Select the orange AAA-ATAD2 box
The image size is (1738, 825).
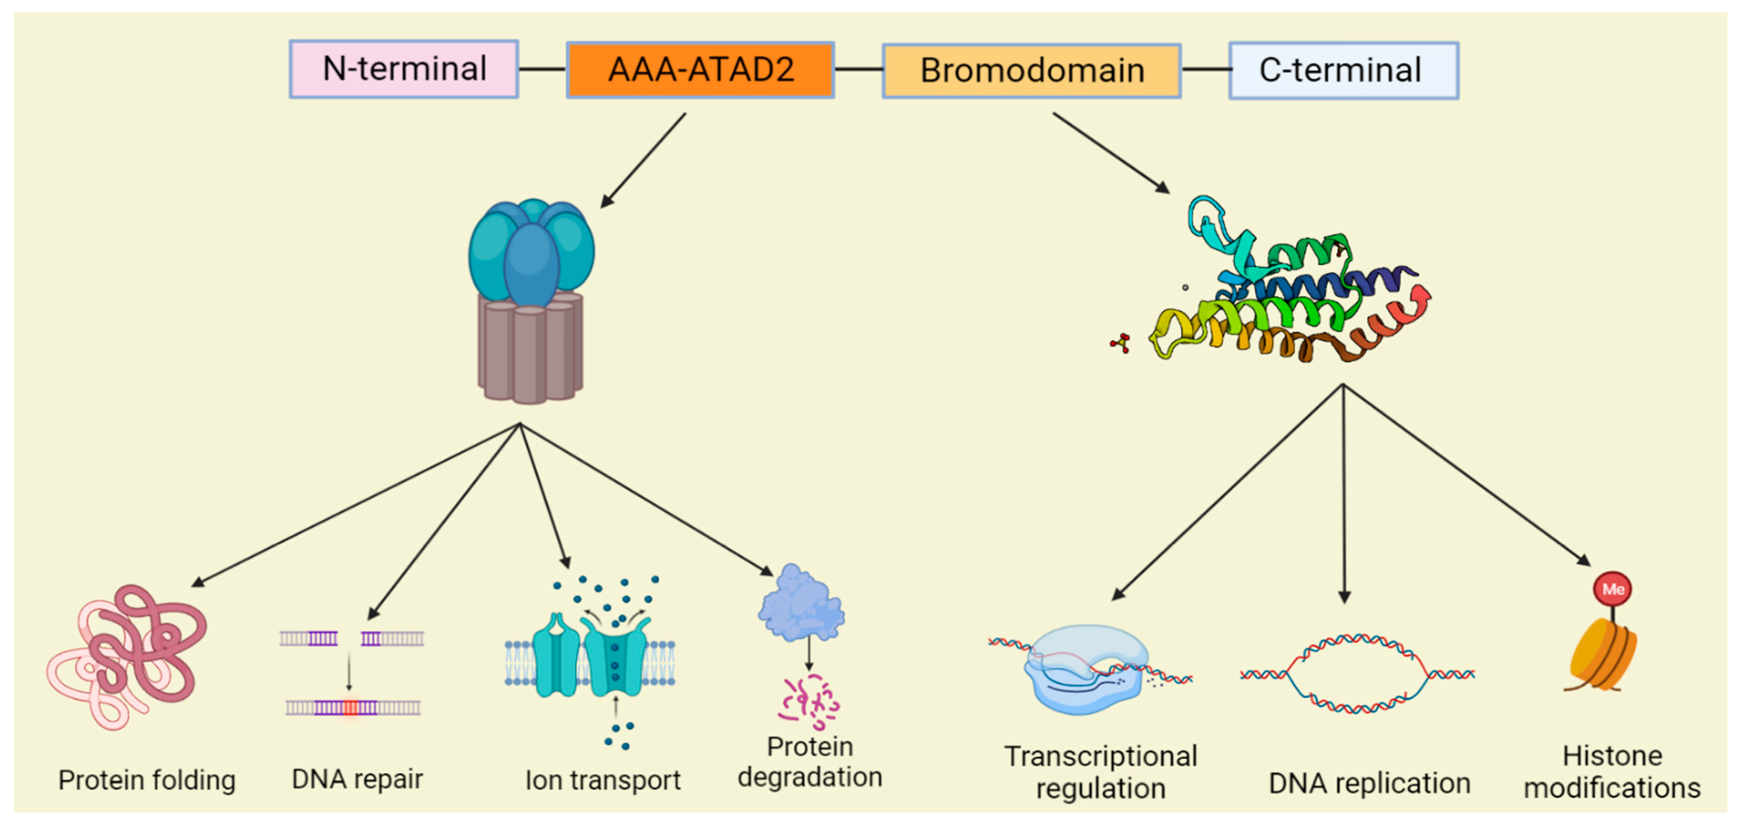click(x=701, y=70)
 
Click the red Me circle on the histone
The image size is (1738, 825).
click(x=1612, y=589)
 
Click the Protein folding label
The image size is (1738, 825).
click(x=147, y=780)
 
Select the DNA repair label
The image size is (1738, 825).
click(x=357, y=779)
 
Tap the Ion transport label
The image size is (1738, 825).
click(x=603, y=780)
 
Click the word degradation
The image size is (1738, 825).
click(x=810, y=777)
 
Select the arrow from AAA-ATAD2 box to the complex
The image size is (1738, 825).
click(x=643, y=160)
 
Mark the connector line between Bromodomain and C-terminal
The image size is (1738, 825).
click(x=1206, y=70)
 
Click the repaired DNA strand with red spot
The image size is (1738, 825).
click(x=353, y=707)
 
